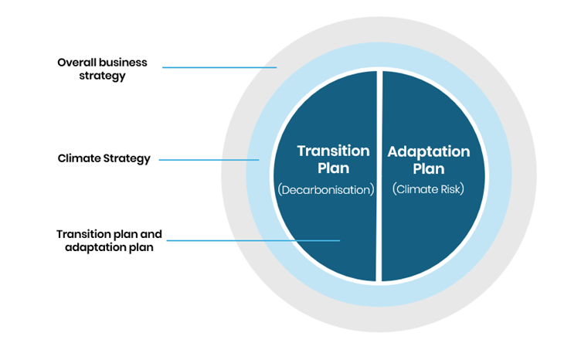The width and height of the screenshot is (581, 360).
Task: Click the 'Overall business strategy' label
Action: tap(102, 69)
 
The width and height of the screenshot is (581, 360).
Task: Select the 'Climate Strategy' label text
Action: tap(104, 159)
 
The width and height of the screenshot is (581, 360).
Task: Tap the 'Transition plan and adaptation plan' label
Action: tap(104, 240)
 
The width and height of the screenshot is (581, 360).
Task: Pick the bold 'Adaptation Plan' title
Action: tap(428, 159)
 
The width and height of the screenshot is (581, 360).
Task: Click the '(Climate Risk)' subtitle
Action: tap(427, 188)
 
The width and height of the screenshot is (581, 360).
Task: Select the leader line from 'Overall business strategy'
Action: tap(219, 67)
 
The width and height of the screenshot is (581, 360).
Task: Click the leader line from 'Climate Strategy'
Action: tap(209, 160)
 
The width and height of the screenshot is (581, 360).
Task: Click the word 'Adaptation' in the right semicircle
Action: tap(428, 151)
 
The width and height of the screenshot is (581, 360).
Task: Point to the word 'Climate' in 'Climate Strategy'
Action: tap(80, 159)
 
